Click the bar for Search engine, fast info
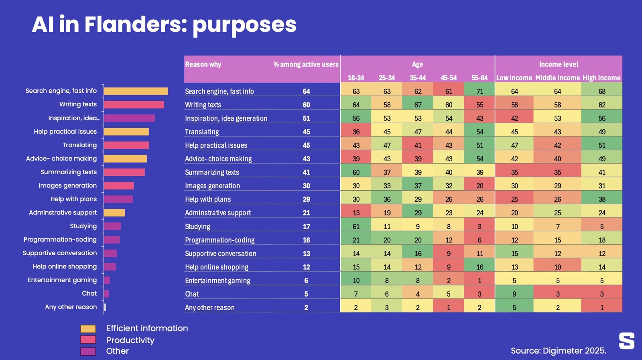tap(136, 91)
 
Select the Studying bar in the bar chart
tap(112, 226)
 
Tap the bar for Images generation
tap(119, 186)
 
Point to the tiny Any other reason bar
tap(105, 307)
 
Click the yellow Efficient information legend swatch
tap(88, 329)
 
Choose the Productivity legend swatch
tap(88, 340)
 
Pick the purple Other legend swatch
tap(88, 352)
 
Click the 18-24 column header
tap(356, 78)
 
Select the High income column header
tap(601, 78)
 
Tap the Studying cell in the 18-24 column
tap(356, 226)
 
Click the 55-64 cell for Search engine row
tap(479, 91)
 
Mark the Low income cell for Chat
tap(514, 294)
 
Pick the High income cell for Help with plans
tap(601, 199)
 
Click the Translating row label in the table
tap(202, 132)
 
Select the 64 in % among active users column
tap(306, 92)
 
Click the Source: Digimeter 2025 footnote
tap(558, 351)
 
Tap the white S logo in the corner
tap(626, 341)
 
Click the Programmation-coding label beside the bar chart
tap(60, 240)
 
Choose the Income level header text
tap(559, 64)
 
